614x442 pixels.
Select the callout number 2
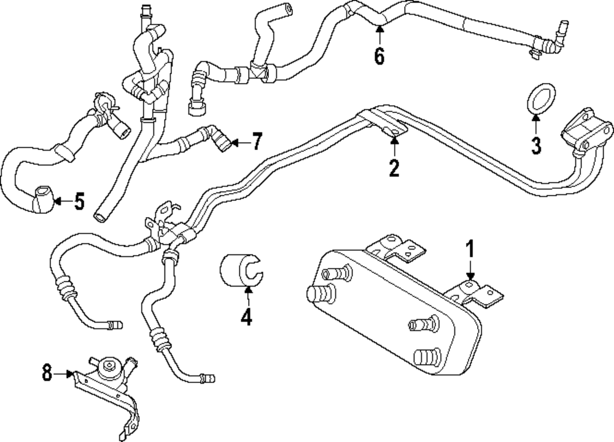click(x=394, y=167)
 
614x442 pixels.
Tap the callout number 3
click(x=536, y=146)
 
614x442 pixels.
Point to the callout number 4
click(x=246, y=318)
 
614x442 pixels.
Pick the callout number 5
click(x=79, y=202)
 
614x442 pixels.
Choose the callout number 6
click(x=379, y=57)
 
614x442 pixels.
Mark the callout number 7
click(x=257, y=142)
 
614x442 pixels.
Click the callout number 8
click(x=47, y=373)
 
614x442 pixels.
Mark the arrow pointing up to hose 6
click(x=379, y=31)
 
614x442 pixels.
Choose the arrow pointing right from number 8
click(x=64, y=373)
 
